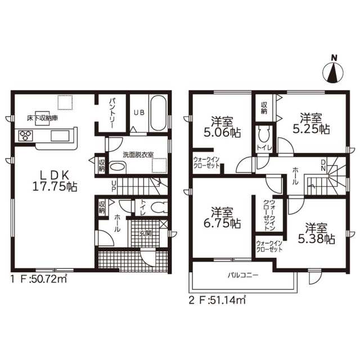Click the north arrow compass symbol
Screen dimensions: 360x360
click(332, 71)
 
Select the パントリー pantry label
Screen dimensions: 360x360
click(112, 113)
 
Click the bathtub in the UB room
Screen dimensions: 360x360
click(157, 114)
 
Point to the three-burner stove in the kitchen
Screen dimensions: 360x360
click(25, 136)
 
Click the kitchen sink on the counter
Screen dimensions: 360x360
click(60, 136)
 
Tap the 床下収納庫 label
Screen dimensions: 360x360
click(42, 118)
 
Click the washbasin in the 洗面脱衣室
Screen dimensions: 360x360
click(117, 168)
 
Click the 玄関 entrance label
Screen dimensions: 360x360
click(146, 234)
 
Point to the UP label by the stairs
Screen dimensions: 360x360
click(114, 186)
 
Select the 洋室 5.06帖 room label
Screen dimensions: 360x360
click(222, 127)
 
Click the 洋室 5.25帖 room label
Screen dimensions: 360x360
click(311, 124)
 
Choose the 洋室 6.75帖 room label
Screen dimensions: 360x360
click(222, 218)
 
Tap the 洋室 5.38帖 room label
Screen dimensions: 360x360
click(316, 234)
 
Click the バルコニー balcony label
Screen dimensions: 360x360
click(243, 275)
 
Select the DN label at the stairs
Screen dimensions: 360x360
click(323, 165)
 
